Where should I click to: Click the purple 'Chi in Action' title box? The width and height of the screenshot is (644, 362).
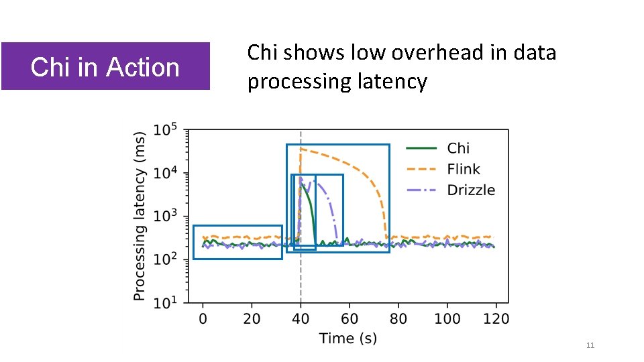(x=105, y=66)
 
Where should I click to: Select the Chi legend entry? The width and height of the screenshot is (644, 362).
(x=458, y=148)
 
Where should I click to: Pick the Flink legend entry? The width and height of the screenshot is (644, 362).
(x=464, y=169)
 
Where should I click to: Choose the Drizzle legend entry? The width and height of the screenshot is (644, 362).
(x=471, y=190)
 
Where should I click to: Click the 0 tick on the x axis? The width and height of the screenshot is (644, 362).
(x=203, y=318)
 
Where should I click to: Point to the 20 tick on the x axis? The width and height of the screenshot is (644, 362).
(x=252, y=318)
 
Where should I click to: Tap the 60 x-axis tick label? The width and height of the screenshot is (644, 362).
(x=350, y=318)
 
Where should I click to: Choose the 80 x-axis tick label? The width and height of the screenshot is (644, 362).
(x=398, y=318)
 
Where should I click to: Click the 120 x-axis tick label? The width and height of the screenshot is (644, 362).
(x=496, y=318)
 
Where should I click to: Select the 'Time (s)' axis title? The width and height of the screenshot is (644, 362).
(x=348, y=338)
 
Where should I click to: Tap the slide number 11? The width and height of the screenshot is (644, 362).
(x=590, y=345)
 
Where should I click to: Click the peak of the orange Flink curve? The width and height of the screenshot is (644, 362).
(x=301, y=149)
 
